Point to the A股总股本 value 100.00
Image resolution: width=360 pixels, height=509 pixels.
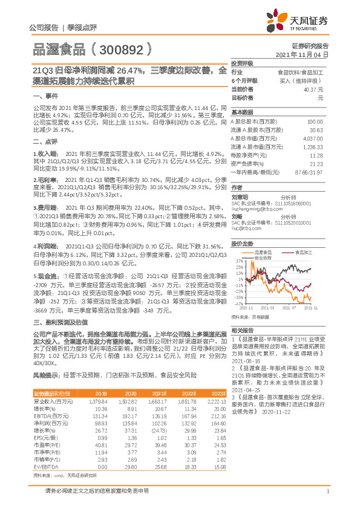click(315, 122)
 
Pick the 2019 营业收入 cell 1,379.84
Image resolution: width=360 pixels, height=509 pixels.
click(99, 401)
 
